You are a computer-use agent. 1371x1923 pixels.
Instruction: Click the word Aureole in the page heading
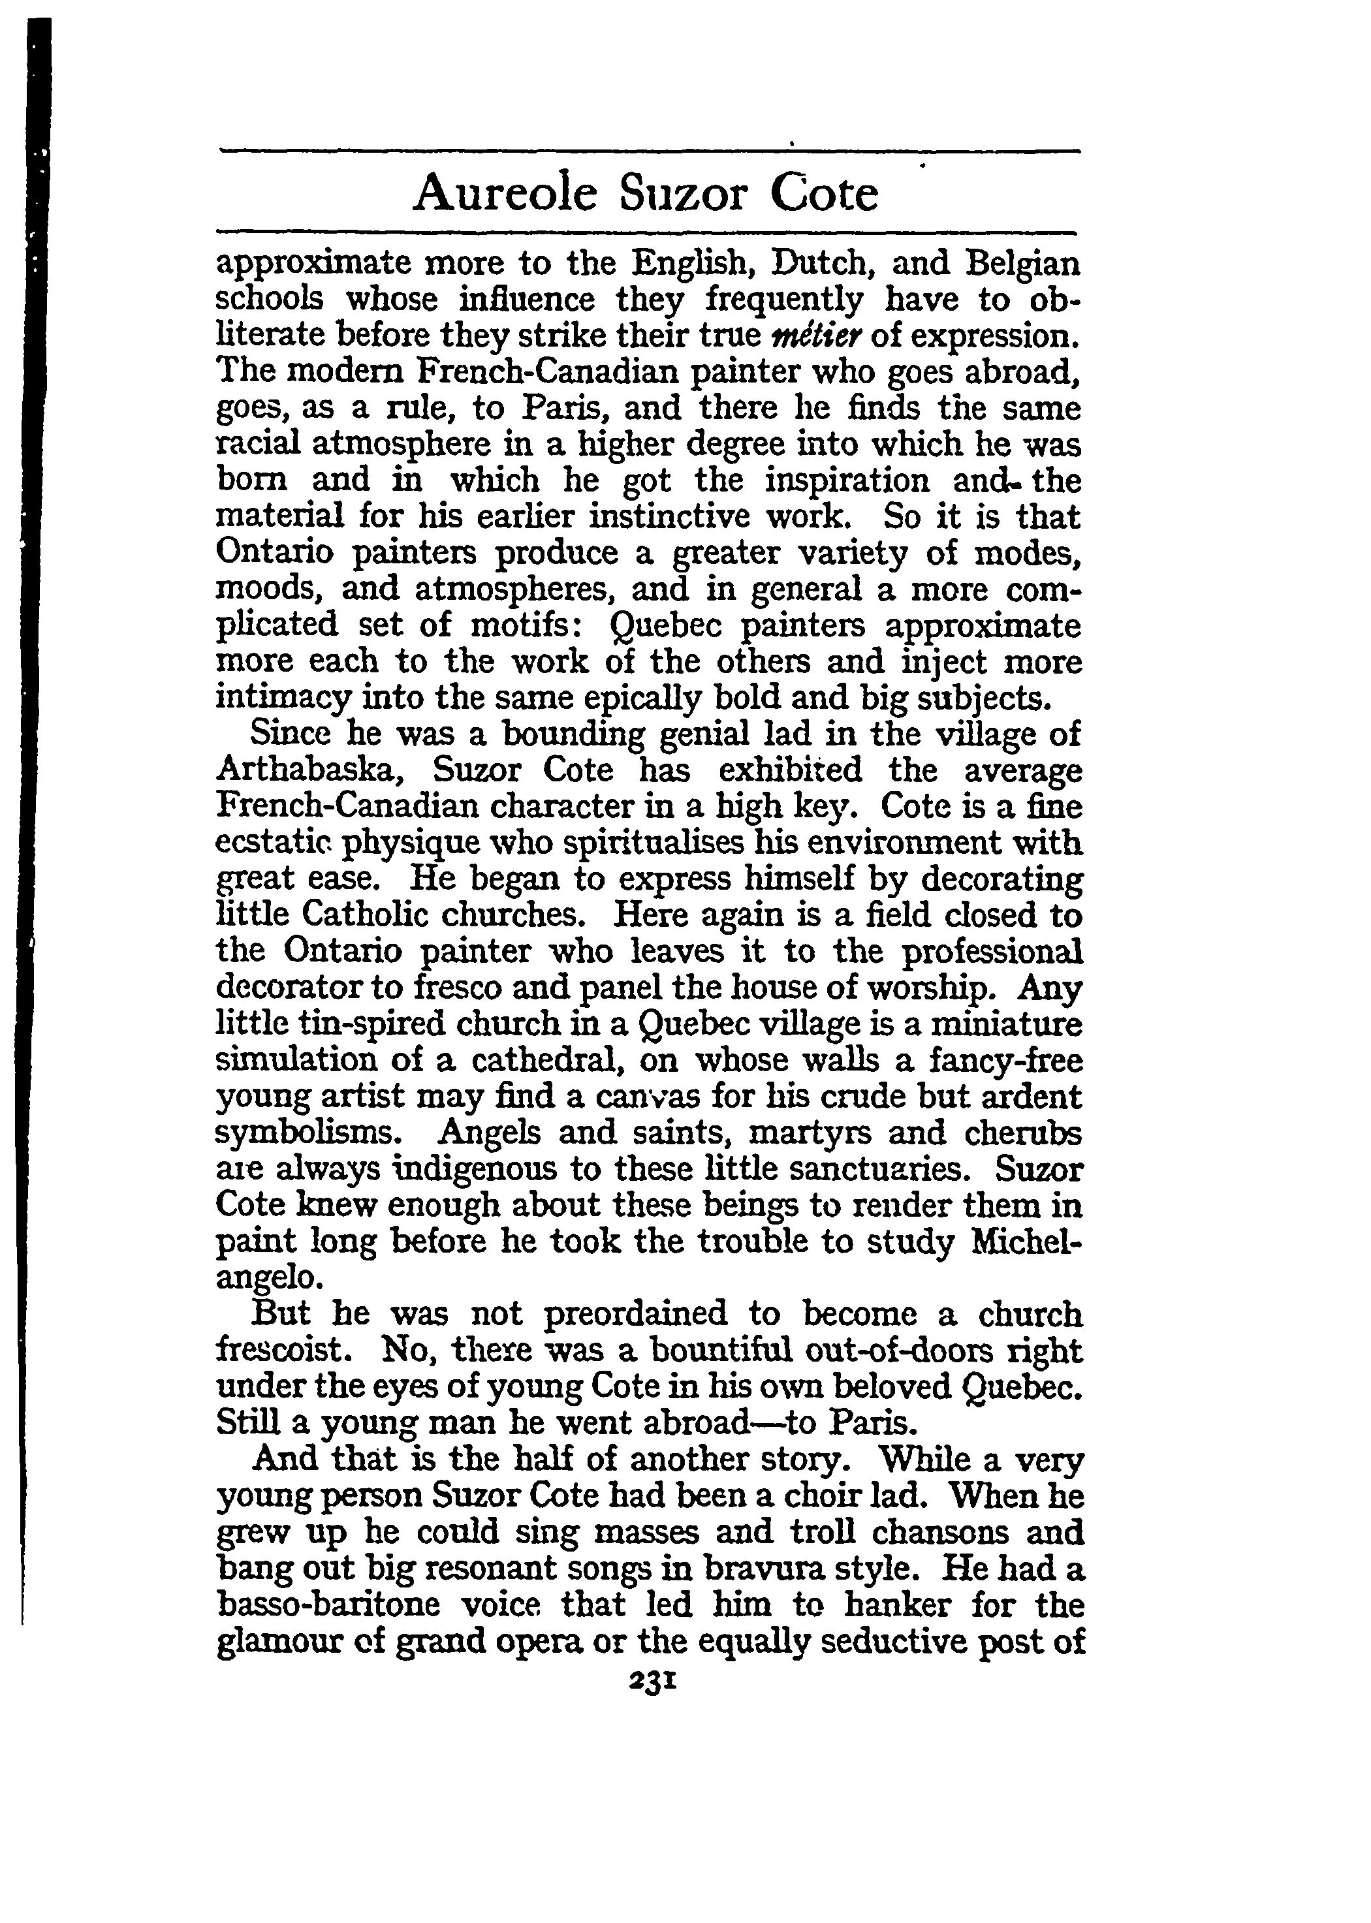coord(505,193)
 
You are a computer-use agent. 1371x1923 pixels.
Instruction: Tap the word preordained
coord(636,1313)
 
